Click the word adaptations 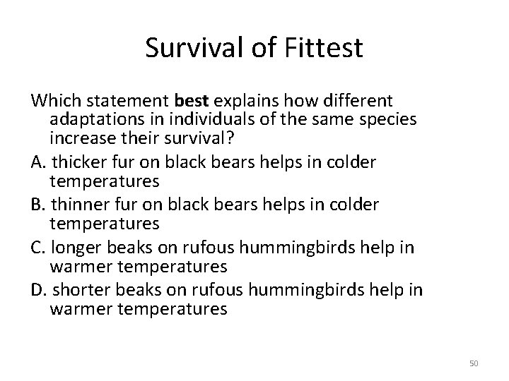[98, 119]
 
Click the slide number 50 [474, 364]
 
